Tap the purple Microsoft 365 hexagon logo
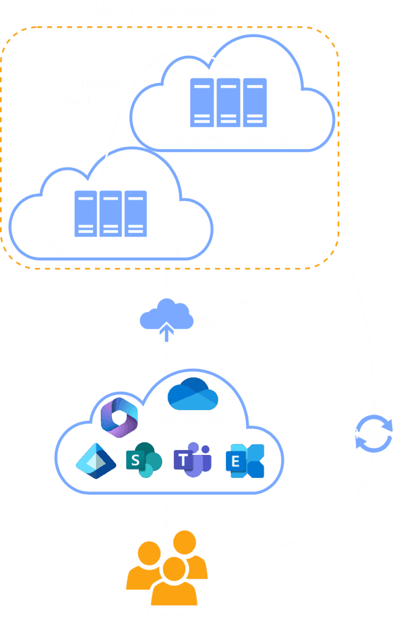click(x=119, y=417)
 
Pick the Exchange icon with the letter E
click(x=245, y=461)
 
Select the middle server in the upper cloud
click(x=229, y=102)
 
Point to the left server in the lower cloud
click(x=86, y=214)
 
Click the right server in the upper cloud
click(x=255, y=102)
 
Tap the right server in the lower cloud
click(x=136, y=214)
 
